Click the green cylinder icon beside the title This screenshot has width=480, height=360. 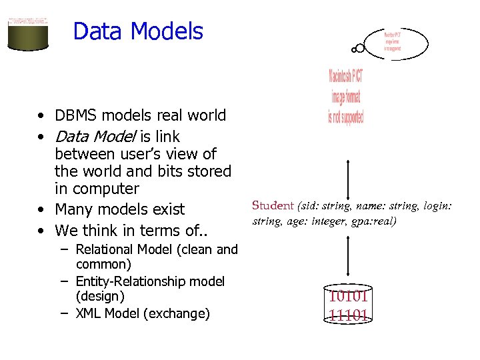pyautogui.click(x=28, y=31)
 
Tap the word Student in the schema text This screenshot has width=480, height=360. pyautogui.click(x=273, y=206)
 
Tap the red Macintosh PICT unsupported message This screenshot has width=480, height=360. pyautogui.click(x=346, y=96)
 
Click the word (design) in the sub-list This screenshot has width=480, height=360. pyautogui.click(x=101, y=296)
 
